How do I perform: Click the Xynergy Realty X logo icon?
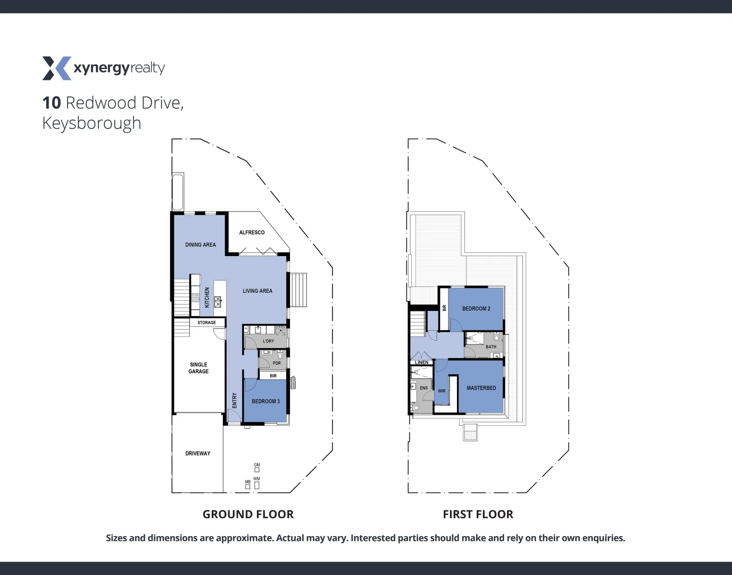[x=56, y=68]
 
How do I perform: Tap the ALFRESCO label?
[x=252, y=233]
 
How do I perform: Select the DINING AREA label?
[x=201, y=245]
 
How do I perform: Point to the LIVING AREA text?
[x=257, y=291]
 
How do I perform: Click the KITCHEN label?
[x=207, y=298]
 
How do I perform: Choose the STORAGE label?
[x=206, y=323]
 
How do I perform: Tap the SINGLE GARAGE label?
[x=198, y=368]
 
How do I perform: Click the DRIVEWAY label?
[x=198, y=454]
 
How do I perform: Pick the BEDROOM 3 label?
[x=265, y=401]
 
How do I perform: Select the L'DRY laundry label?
[x=269, y=341]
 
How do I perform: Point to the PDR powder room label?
[x=277, y=363]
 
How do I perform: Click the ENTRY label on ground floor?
[x=235, y=401]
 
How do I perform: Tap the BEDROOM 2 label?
[x=476, y=309]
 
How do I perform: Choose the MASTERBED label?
[x=481, y=388]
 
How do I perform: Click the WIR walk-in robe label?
[x=442, y=391]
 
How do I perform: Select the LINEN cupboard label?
[x=422, y=363]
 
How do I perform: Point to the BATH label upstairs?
[x=491, y=347]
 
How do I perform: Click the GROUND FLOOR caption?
[x=248, y=514]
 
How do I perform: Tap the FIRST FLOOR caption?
[x=478, y=514]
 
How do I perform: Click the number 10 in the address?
[x=52, y=103]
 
